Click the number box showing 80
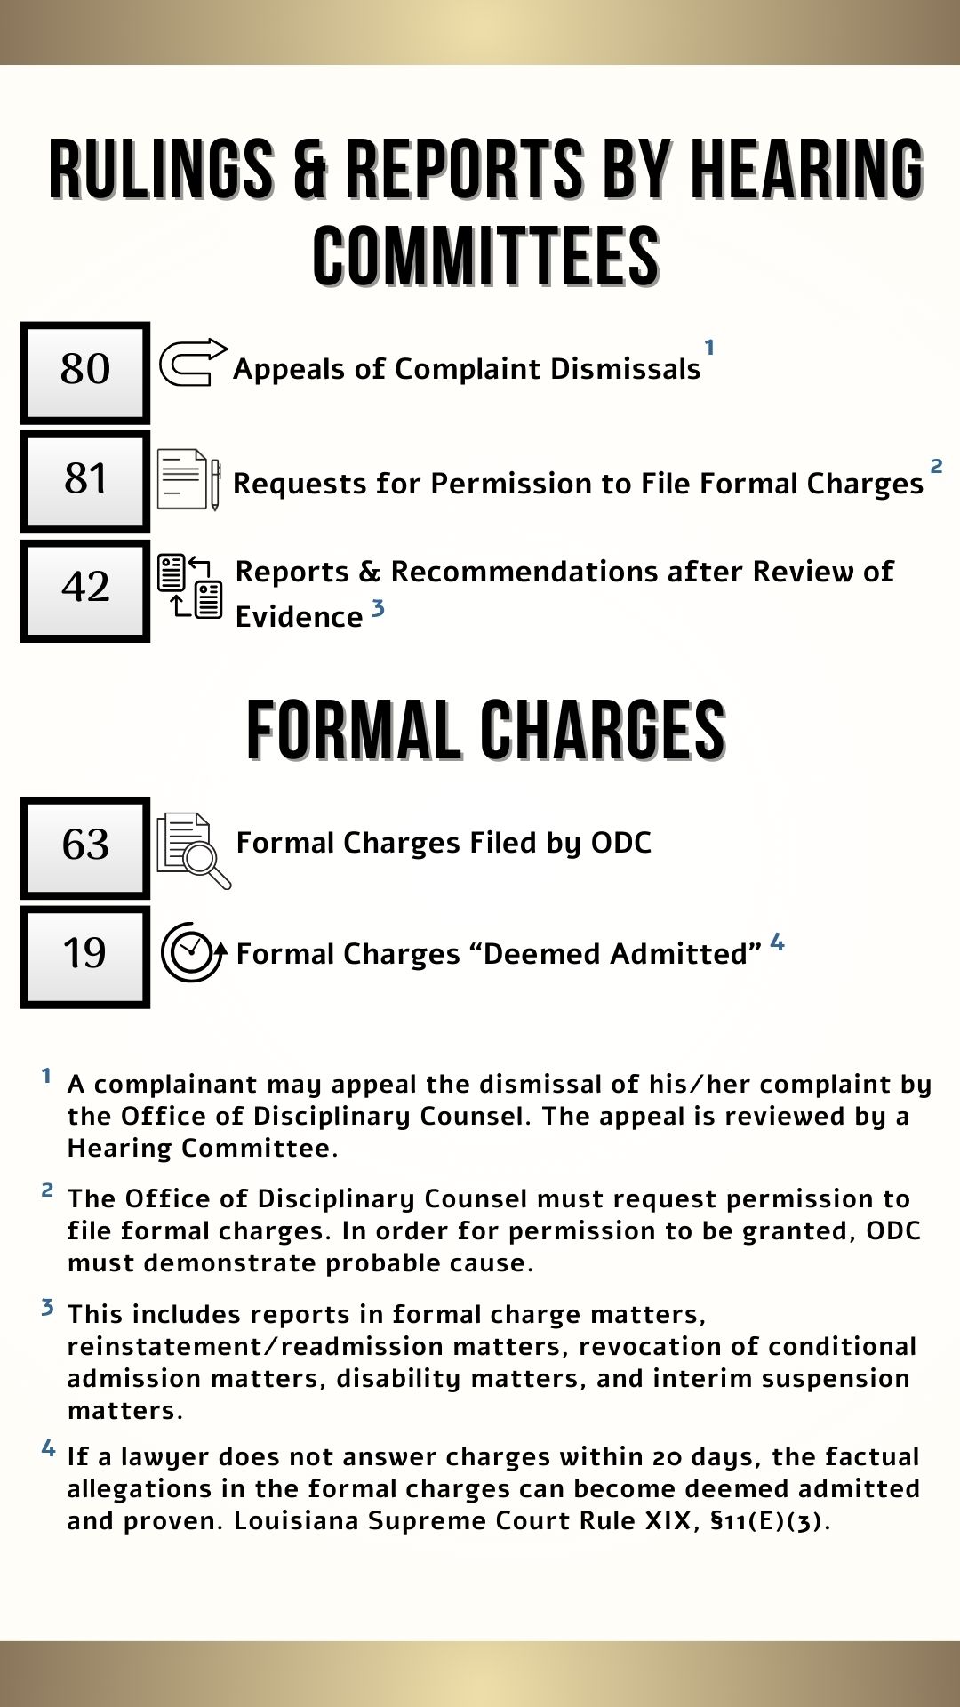coord(85,373)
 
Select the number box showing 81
coord(85,482)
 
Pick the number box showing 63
coord(85,847)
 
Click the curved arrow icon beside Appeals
coord(192,363)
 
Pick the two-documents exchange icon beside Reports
coord(189,586)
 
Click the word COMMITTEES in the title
coord(485,257)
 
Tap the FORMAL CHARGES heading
coord(485,731)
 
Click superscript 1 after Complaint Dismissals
coord(709,348)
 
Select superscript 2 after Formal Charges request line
coord(936,466)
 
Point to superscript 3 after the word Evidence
coord(378,608)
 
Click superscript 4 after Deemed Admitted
coord(777,942)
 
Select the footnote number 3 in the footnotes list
coord(47,1308)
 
